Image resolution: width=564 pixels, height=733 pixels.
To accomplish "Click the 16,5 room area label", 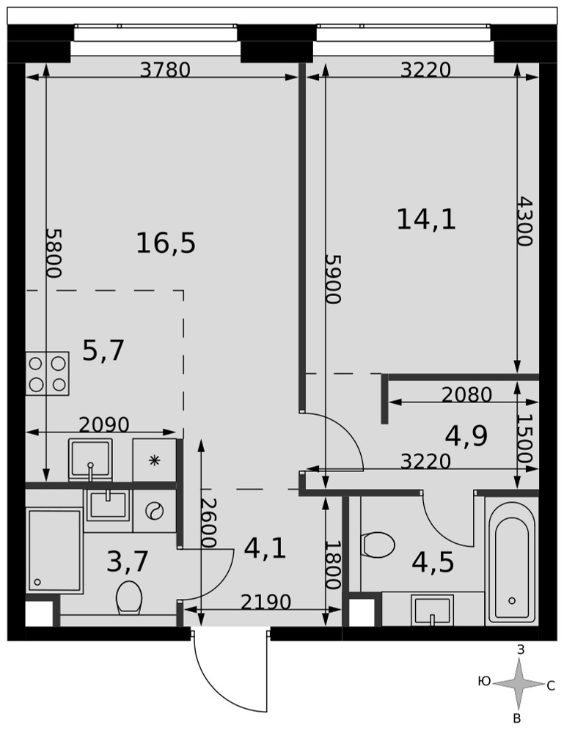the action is (166, 244).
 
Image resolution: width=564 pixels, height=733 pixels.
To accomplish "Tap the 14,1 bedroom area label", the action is (426, 219).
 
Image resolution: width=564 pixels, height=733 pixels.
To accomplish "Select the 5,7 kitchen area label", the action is (103, 350).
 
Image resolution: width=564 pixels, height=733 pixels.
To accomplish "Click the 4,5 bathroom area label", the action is (433, 562).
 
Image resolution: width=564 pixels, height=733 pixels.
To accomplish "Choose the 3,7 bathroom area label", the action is (127, 561).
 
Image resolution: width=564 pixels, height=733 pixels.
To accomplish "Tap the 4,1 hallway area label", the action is (265, 548).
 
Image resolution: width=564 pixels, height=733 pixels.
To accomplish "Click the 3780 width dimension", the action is (166, 70).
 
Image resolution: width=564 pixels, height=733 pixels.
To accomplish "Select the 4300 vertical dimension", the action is (524, 221).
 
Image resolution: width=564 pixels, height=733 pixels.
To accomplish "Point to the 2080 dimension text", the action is (466, 395).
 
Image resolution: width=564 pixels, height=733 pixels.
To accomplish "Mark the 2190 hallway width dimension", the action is (265, 602).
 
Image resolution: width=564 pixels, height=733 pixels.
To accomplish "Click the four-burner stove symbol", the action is (47, 374).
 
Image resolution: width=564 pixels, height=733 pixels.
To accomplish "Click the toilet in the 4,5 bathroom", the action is (378, 545).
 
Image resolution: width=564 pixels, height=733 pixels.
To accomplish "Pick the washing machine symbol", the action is (154, 511).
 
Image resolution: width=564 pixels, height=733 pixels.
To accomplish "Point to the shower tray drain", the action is (37, 582).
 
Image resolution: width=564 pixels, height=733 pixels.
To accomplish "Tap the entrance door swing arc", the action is (220, 677).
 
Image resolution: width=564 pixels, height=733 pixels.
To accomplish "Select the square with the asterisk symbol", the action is (154, 460).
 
